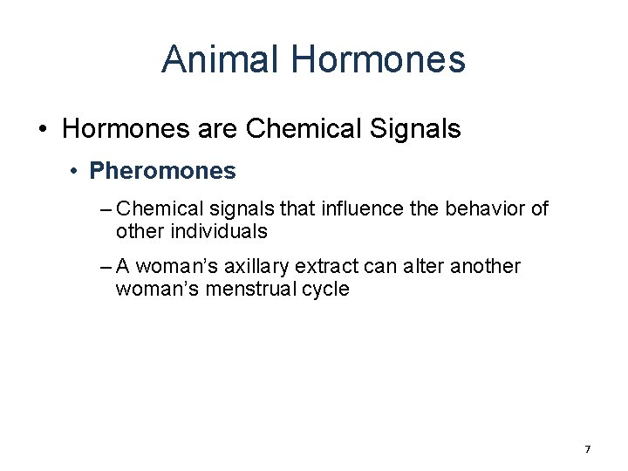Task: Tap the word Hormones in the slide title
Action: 379,59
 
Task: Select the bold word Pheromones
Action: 162,171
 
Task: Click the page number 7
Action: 588,449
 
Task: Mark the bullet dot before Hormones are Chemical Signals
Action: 44,130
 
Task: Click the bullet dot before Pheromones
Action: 76,171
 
